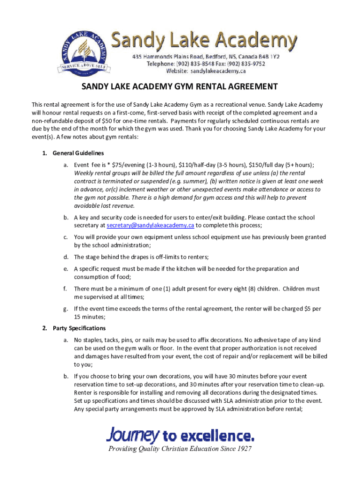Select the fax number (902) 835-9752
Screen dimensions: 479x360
click(254, 64)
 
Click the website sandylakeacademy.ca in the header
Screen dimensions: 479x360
click(217, 71)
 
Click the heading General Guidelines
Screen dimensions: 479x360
click(78, 153)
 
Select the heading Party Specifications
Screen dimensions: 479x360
click(79, 328)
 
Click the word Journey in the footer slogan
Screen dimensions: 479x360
click(133, 435)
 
